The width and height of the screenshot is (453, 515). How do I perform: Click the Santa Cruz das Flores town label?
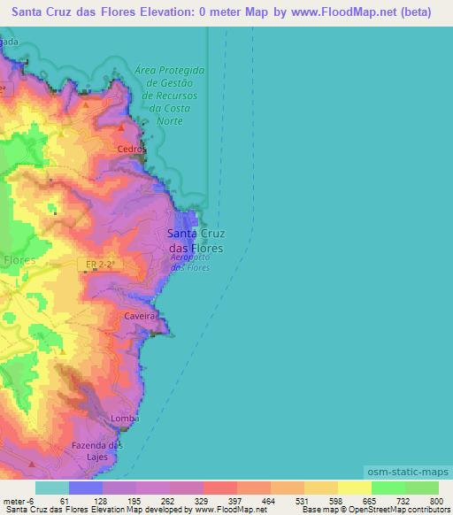(196, 241)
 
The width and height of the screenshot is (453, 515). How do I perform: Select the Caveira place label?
(140, 315)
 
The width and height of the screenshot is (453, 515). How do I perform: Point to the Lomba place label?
(123, 418)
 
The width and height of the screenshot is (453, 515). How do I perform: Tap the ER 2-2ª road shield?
(100, 265)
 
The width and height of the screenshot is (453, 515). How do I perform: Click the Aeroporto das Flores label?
(190, 262)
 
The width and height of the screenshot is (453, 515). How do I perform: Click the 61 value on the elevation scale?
(64, 500)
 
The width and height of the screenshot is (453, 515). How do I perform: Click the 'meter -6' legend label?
(19, 500)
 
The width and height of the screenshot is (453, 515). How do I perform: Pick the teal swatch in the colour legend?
(52, 488)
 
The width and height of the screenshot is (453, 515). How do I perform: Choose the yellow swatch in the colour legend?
(354, 488)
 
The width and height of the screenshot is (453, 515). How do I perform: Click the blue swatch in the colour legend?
(86, 488)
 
